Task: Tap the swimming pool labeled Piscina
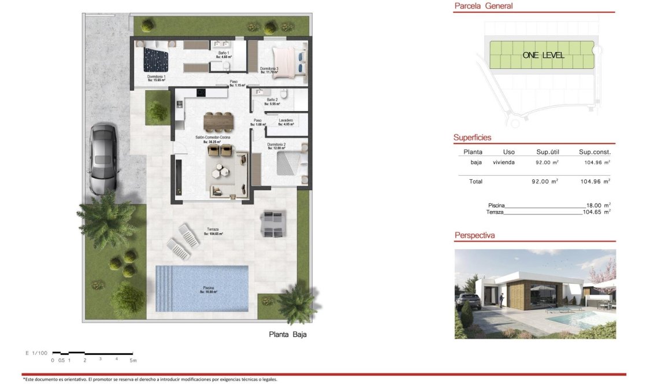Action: [202, 288]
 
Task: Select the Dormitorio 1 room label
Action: [157, 78]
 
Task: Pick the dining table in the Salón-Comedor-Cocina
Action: [219, 121]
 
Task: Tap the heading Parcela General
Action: [484, 6]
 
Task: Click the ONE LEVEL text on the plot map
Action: [543, 56]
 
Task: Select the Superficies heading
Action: [472, 138]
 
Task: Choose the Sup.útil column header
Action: [544, 152]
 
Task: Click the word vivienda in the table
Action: [504, 162]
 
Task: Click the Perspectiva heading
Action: [474, 235]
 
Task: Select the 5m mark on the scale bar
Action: [133, 360]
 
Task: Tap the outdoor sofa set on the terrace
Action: [273, 224]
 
